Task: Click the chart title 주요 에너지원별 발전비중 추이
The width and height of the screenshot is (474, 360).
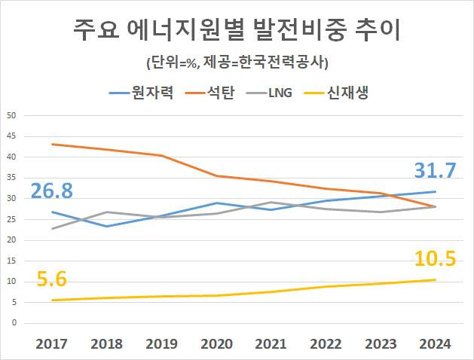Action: tap(237, 31)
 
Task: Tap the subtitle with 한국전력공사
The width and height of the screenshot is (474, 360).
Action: tap(237, 61)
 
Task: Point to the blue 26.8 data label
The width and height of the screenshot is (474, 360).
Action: tap(51, 191)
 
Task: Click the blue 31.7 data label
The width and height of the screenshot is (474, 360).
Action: tap(434, 171)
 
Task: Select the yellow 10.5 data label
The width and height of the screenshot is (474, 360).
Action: tap(435, 259)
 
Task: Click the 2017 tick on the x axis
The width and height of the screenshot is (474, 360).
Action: tap(52, 344)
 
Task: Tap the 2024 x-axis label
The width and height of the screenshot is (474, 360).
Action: tap(435, 344)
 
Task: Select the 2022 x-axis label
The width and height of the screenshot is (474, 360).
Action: tap(326, 344)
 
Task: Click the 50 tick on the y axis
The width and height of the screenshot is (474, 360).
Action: tap(11, 115)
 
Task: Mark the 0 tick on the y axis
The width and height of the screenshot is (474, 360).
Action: tap(14, 323)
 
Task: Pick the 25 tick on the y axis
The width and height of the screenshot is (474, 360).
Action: tap(11, 219)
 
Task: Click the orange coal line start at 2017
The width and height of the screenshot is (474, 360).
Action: tap(52, 144)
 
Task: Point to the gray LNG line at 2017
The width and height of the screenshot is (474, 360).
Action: tap(52, 228)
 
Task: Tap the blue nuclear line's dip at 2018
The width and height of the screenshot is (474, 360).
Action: tap(107, 226)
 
